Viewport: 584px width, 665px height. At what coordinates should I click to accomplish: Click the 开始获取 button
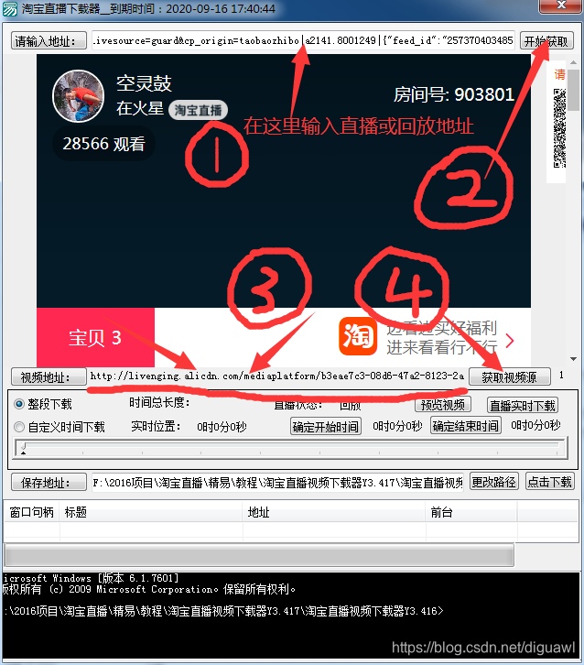(546, 41)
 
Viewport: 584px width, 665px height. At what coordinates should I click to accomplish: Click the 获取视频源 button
(509, 376)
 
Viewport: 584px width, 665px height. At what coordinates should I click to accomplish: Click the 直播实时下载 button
(522, 405)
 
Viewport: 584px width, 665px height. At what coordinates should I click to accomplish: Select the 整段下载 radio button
(19, 404)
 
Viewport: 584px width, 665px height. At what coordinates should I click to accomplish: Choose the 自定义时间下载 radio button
(19, 426)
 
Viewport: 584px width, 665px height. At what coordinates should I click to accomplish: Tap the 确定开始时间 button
(326, 426)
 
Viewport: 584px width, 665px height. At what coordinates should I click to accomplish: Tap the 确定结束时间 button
(466, 426)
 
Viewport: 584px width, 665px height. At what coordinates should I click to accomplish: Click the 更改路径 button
(494, 482)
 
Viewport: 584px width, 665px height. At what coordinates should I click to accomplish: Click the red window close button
(559, 7)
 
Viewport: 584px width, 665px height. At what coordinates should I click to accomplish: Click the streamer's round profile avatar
(79, 96)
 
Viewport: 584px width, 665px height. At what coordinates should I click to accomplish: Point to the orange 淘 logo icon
(358, 336)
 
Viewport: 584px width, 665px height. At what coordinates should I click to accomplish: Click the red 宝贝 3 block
(95, 337)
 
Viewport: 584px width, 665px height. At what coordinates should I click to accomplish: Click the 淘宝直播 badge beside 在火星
(199, 110)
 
